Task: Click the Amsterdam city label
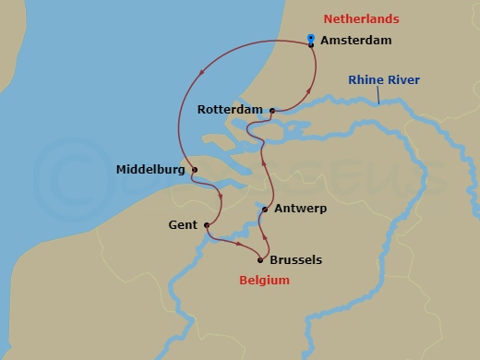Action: coord(355,41)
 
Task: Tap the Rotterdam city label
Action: coord(231,110)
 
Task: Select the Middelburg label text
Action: coord(151,170)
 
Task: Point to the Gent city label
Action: coord(183,225)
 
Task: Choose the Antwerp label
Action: coord(301,210)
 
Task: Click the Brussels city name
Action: coord(297,260)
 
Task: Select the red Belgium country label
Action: coord(264,281)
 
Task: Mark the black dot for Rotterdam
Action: coord(272,111)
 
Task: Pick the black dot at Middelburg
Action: coord(195,170)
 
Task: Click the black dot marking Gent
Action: coord(206,225)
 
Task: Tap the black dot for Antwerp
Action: coord(265,210)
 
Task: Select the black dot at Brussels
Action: coord(260,260)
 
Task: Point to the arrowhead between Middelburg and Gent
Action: coord(220,196)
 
